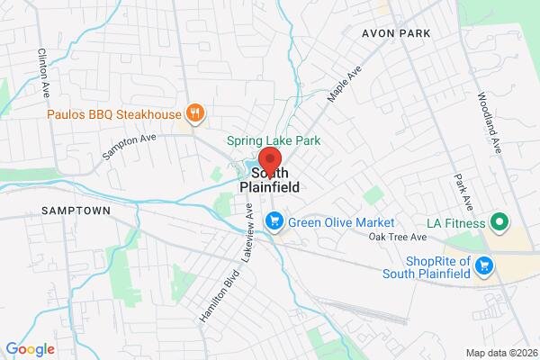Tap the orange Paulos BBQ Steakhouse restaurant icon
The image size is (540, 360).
click(x=194, y=112)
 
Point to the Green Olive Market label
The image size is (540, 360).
click(x=343, y=221)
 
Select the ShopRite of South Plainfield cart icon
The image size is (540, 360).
click(x=485, y=265)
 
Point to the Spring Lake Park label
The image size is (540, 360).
click(x=273, y=140)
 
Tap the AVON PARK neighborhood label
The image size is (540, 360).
click(x=396, y=33)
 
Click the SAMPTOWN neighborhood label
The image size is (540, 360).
click(x=76, y=211)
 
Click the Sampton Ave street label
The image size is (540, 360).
click(x=130, y=142)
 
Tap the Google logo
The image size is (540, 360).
click(x=30, y=348)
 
